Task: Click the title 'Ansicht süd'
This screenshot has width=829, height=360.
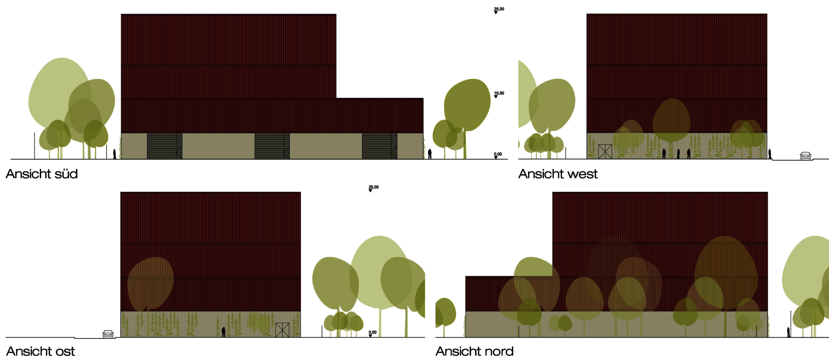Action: (x=42, y=174)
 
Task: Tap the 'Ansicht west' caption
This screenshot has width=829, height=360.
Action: (x=558, y=174)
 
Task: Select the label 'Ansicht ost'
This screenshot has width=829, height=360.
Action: (x=41, y=352)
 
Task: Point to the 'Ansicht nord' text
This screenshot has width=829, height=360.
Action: (x=475, y=352)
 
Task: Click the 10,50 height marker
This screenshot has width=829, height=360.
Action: (x=499, y=94)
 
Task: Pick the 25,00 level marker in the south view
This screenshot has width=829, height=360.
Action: (x=499, y=10)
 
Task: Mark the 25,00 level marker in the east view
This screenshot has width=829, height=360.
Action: (x=373, y=188)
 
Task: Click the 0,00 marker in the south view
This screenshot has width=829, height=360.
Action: (x=498, y=155)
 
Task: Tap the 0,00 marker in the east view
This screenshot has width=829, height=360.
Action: (x=373, y=333)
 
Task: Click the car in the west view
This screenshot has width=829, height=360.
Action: (x=805, y=156)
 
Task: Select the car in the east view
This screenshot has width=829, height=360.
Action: (x=108, y=334)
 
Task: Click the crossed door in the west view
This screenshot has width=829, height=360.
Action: (x=605, y=151)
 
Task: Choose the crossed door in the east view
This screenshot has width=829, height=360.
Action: (x=282, y=330)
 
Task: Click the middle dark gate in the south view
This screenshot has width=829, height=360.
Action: (x=272, y=146)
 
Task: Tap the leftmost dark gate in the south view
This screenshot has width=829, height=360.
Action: (x=165, y=146)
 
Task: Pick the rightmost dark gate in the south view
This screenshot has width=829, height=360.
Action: (x=380, y=146)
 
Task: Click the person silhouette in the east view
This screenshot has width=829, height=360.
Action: (x=223, y=331)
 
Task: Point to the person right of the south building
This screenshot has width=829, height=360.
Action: (x=430, y=154)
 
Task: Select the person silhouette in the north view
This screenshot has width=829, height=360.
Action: (x=788, y=332)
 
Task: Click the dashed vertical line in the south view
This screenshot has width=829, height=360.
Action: (x=34, y=145)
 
